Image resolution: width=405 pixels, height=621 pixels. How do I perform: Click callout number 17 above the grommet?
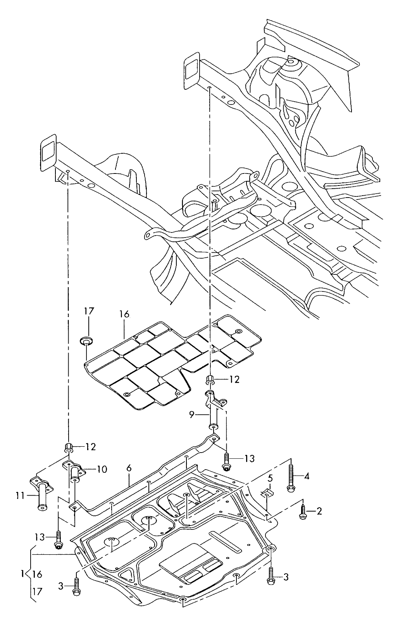tap(89, 311)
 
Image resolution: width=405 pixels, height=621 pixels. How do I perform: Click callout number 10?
tap(102, 469)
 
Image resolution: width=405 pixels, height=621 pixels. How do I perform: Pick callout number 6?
tap(129, 468)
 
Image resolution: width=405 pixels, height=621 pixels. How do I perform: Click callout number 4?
tap(307, 476)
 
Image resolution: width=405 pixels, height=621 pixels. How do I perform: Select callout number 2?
tap(319, 511)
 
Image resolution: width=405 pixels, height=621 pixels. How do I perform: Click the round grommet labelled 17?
tap(86, 342)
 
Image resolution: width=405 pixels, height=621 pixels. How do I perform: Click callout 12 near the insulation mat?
tap(234, 379)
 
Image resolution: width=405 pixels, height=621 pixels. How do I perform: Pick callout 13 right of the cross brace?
tap(249, 459)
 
